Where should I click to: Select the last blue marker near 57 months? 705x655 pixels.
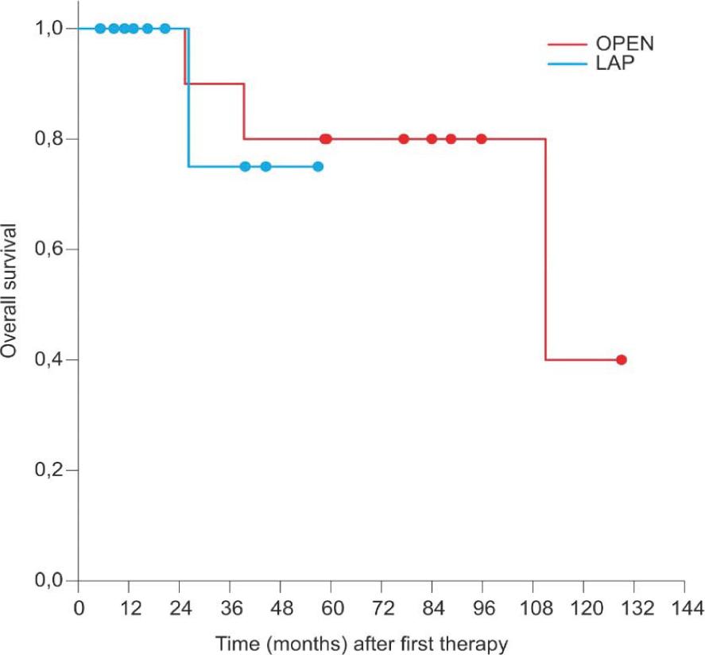tap(318, 166)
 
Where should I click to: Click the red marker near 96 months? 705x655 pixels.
tap(482, 139)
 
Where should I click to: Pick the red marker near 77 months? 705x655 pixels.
tap(404, 139)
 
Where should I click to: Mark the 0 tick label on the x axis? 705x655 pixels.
tap(78, 609)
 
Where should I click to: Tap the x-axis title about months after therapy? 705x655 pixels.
tap(362, 642)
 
